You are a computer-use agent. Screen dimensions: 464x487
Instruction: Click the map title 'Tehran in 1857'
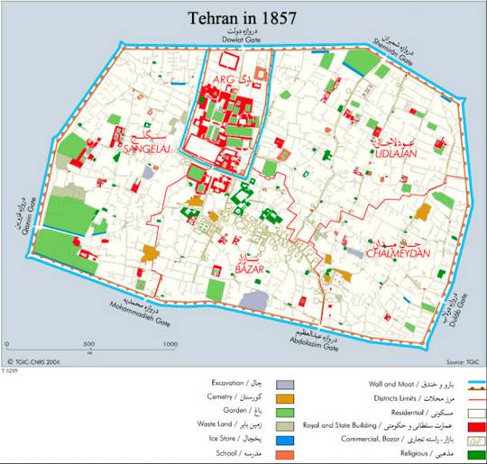pos(243,17)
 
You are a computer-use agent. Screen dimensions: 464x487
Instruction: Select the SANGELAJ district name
pos(149,145)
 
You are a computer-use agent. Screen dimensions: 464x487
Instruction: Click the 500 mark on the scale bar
pos(87,344)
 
